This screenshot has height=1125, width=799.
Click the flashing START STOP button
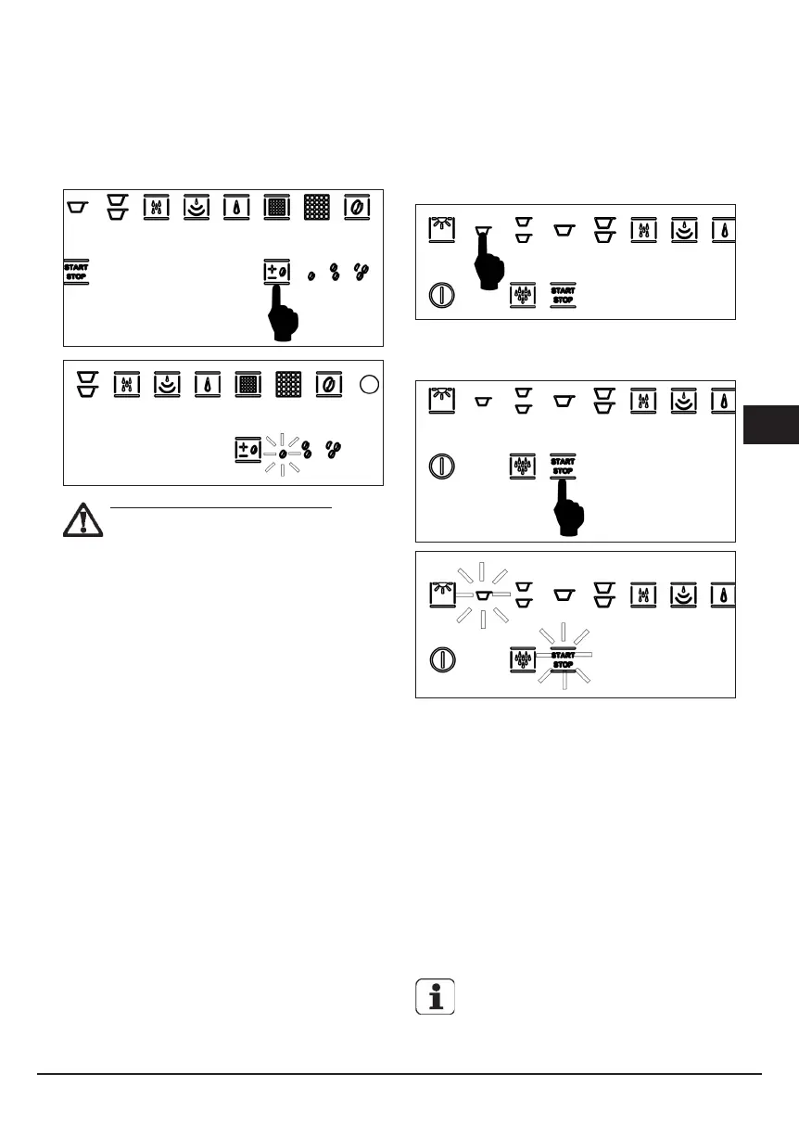pos(563,659)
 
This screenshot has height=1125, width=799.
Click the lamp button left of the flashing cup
pos(440,593)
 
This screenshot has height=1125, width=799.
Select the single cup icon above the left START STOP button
pos(77,204)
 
